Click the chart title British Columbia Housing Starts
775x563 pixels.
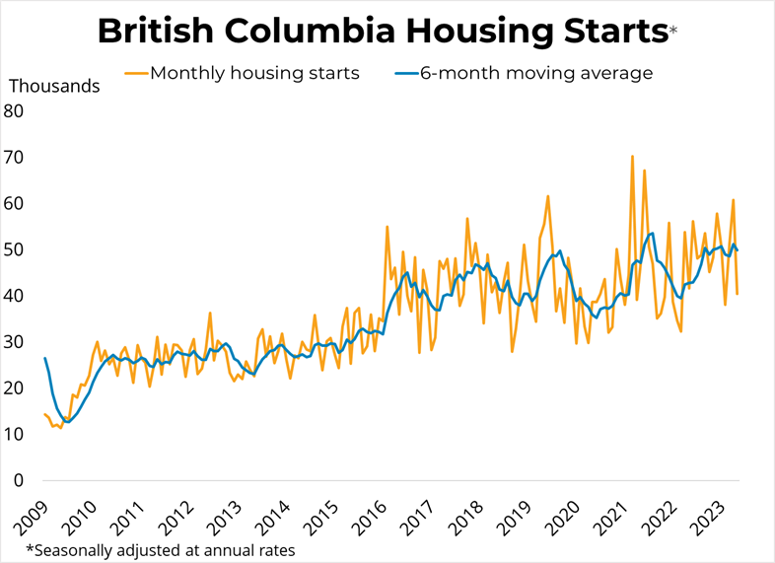tap(383, 32)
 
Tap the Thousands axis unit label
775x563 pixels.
tap(54, 86)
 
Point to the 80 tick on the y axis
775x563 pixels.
tap(14, 110)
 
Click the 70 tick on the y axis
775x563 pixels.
tap(14, 157)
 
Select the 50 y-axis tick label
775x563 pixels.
tap(14, 249)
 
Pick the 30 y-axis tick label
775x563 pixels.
tap(14, 342)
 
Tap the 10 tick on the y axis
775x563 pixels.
tap(14, 435)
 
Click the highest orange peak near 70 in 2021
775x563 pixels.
tap(632, 156)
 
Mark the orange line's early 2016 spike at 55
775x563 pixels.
tap(387, 227)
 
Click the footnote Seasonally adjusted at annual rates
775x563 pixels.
tap(160, 549)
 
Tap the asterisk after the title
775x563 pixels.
tap(673, 32)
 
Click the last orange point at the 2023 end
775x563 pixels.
tap(738, 294)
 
